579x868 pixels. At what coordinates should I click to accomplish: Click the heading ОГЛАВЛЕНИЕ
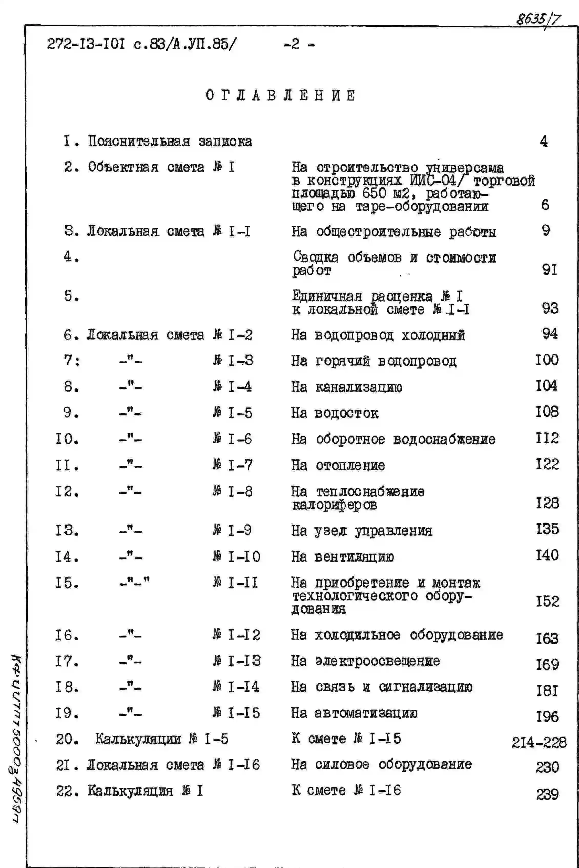(x=281, y=95)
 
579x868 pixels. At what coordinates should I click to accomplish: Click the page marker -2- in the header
(x=299, y=45)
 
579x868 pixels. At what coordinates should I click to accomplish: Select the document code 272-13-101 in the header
(x=86, y=45)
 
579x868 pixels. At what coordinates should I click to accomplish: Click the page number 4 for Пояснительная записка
(x=544, y=141)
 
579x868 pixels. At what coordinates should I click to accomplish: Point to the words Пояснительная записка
(x=170, y=141)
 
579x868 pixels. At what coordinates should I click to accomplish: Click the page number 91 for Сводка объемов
(x=550, y=270)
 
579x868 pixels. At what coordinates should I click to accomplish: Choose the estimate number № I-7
(x=233, y=465)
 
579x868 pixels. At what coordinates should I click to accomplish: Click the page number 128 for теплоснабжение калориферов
(x=547, y=503)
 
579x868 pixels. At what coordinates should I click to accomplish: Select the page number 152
(x=547, y=601)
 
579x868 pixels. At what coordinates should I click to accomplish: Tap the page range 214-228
(x=539, y=742)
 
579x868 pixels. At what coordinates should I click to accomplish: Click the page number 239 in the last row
(x=547, y=794)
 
